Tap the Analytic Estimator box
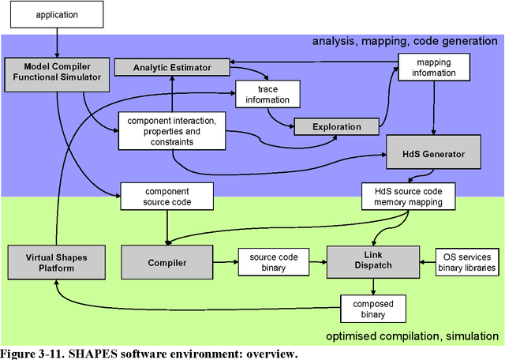point(173,68)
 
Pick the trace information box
point(267,94)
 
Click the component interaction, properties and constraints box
point(171,129)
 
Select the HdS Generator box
point(433,152)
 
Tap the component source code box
point(166,197)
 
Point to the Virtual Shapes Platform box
point(55,262)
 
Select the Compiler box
point(166,262)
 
